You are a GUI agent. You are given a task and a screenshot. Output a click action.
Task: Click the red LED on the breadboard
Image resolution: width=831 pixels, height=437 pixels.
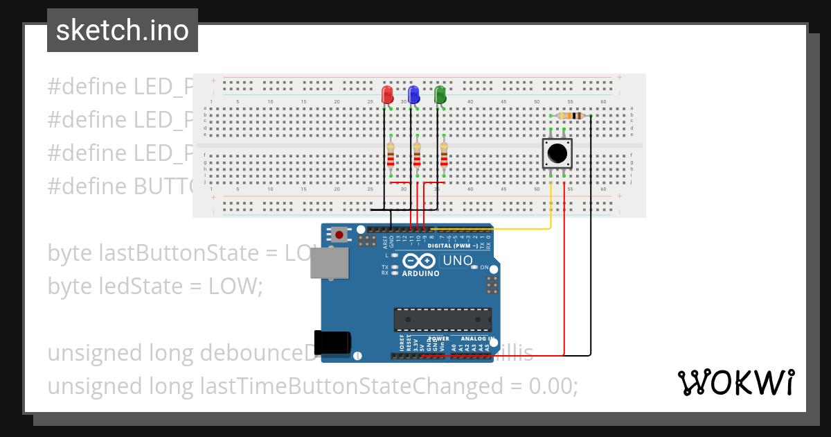(x=388, y=94)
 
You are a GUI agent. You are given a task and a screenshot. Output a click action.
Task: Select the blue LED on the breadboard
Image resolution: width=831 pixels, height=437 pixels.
(x=413, y=94)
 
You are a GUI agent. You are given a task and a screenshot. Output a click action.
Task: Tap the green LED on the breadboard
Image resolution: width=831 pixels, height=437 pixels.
(x=440, y=94)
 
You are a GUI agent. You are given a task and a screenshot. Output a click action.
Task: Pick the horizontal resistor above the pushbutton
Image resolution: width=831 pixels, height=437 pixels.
(x=570, y=116)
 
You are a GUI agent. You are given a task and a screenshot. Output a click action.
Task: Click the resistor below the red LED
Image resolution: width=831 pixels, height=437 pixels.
(x=391, y=157)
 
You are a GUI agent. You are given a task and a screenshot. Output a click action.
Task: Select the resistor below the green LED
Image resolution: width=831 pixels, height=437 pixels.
(x=444, y=157)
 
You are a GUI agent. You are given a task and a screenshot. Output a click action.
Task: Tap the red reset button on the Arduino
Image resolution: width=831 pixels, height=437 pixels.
(x=339, y=235)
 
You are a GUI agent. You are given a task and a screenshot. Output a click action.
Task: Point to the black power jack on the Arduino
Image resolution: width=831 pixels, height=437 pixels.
(x=332, y=343)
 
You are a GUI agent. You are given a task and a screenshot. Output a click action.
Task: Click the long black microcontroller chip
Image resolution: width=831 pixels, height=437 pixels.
(x=443, y=319)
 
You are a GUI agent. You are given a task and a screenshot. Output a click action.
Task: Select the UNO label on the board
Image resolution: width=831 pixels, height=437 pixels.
(x=457, y=261)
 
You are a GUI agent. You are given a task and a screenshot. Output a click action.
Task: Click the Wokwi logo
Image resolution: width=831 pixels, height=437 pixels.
(x=735, y=382)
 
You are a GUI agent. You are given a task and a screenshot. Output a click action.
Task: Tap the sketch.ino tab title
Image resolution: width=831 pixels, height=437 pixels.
(x=123, y=31)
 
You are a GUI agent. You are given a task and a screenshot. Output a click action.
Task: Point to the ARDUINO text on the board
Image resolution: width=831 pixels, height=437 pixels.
(x=420, y=273)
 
